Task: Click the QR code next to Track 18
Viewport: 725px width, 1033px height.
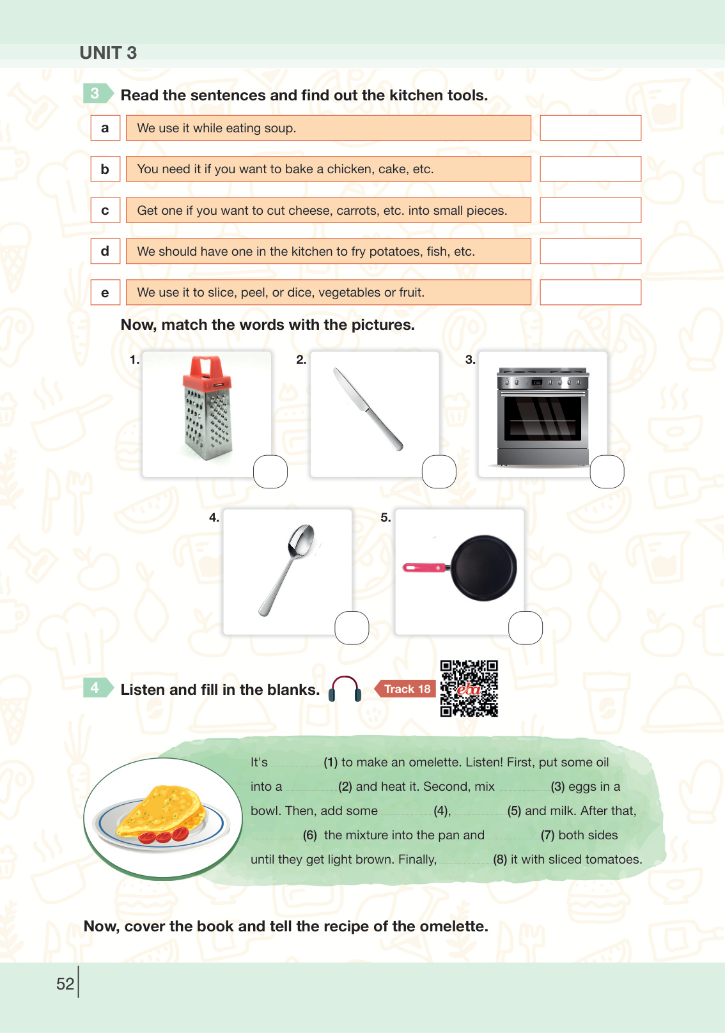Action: point(469,688)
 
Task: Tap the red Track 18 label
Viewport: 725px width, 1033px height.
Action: point(405,688)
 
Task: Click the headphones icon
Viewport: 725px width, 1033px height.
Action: point(345,688)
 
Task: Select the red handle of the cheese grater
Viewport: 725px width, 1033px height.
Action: point(207,372)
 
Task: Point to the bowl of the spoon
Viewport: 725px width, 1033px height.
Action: point(300,540)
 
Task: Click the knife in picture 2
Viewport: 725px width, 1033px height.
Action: point(368,408)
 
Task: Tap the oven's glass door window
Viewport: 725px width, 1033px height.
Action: point(542,418)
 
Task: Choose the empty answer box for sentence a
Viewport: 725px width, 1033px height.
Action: point(590,128)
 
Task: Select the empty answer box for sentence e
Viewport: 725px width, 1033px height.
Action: point(590,292)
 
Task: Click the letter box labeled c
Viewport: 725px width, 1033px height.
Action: point(105,210)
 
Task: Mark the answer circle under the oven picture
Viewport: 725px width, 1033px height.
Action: point(607,471)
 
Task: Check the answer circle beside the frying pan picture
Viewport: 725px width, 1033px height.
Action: point(526,628)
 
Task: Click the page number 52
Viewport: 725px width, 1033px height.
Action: point(65,984)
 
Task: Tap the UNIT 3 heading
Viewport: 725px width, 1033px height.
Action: point(109,53)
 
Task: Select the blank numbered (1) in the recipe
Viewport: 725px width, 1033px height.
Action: point(297,763)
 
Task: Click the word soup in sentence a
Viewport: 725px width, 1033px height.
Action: point(279,128)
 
